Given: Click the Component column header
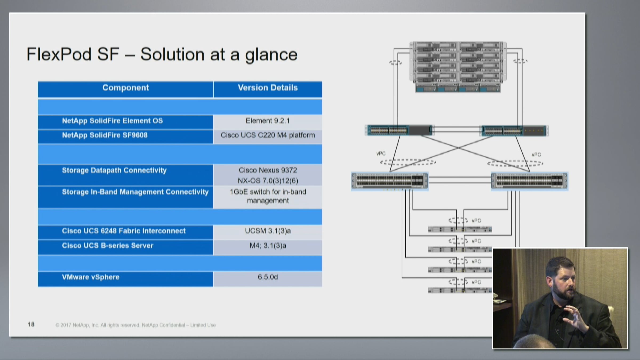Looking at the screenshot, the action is (x=126, y=88).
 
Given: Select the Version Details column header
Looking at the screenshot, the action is (x=268, y=88).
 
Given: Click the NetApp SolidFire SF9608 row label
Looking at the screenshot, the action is (x=105, y=135).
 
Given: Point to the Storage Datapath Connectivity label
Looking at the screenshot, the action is (x=114, y=170).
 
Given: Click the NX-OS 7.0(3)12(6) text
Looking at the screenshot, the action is (x=268, y=181).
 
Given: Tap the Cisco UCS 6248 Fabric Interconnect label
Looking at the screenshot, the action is (x=124, y=231).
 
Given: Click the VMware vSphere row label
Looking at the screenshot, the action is (x=91, y=277).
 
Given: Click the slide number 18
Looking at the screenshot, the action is (x=31, y=325).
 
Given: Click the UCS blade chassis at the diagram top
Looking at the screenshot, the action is (x=458, y=67).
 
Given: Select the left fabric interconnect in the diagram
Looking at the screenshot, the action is (x=399, y=130).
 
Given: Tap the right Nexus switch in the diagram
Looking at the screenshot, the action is (x=529, y=181).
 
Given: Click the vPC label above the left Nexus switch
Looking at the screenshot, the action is (x=381, y=154).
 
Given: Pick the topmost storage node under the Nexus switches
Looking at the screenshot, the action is (x=460, y=229).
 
